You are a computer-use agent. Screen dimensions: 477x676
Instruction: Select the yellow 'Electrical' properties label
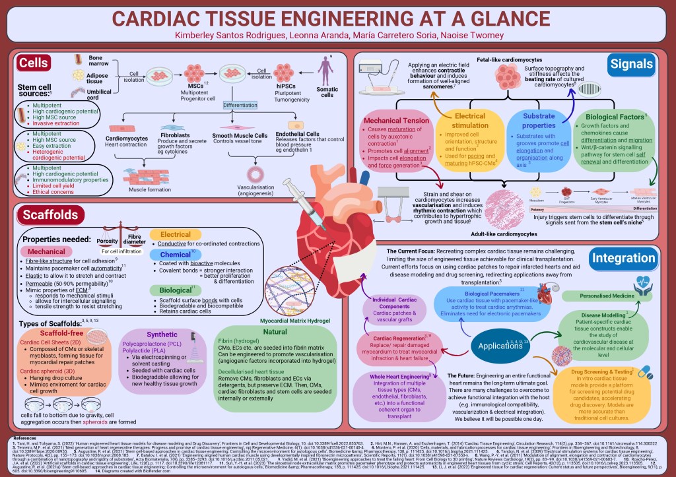pos(170,234)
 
